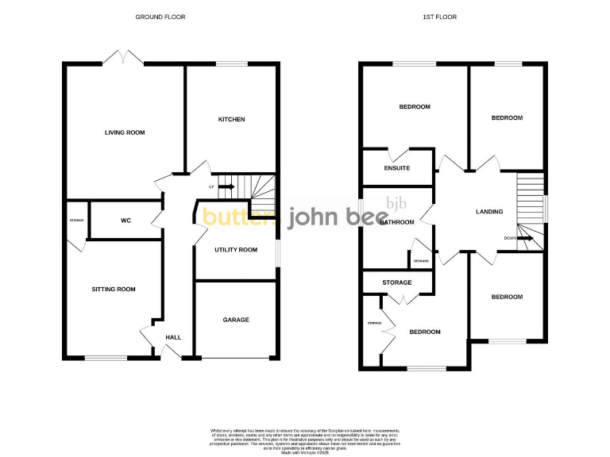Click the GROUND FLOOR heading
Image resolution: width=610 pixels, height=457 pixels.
click(x=160, y=17)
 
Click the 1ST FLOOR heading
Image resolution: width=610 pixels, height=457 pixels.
click(x=446, y=17)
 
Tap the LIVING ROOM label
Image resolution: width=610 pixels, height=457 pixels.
click(x=125, y=132)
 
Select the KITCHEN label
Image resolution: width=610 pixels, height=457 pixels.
click(x=231, y=120)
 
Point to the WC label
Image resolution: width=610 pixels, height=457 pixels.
click(x=125, y=220)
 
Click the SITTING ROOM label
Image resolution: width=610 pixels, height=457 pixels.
click(x=110, y=290)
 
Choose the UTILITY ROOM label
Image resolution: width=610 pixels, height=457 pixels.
click(x=236, y=250)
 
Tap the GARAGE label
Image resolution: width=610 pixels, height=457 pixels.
click(x=236, y=320)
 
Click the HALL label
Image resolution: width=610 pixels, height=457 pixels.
click(x=173, y=337)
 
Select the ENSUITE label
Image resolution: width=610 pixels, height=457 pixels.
click(x=396, y=168)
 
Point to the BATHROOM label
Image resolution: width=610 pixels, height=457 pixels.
click(x=396, y=222)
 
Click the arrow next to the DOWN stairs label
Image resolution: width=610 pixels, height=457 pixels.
click(x=524, y=236)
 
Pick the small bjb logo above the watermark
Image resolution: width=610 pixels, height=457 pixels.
click(x=396, y=203)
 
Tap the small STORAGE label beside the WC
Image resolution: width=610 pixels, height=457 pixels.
click(x=76, y=220)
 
